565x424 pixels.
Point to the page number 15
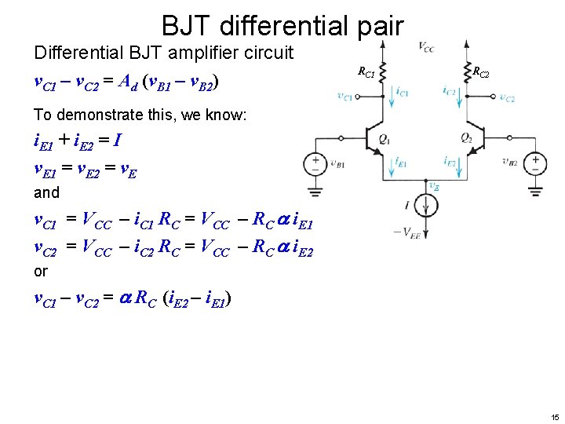[x=554, y=416]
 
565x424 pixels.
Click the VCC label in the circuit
[x=426, y=48]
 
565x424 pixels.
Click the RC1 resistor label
[x=366, y=72]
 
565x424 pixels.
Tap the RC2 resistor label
[x=480, y=73]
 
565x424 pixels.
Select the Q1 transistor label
[x=384, y=139]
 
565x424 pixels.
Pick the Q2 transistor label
[x=466, y=139]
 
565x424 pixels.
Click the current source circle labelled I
[x=427, y=206]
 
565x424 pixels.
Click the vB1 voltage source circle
[x=315, y=163]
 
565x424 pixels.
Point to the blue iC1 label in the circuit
[x=403, y=92]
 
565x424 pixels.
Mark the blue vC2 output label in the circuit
[x=507, y=98]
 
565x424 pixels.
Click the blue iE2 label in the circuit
[x=450, y=162]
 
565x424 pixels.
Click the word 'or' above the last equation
[x=41, y=271]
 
